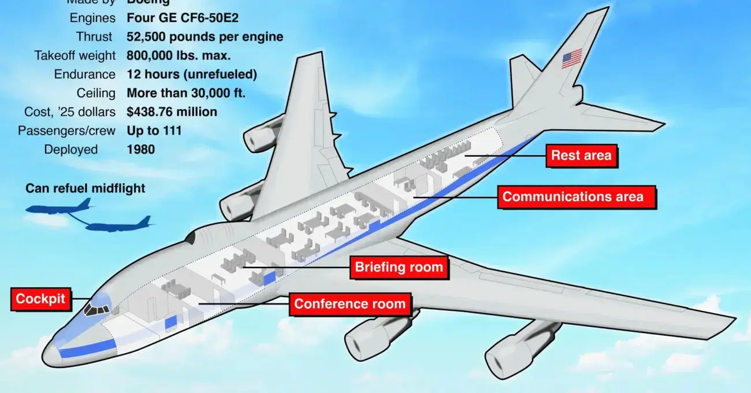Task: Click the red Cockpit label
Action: [x=40, y=299]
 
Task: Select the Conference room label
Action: [x=350, y=303]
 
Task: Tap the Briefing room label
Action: [x=399, y=267]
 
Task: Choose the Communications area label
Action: [x=572, y=196]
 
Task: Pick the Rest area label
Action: [x=581, y=155]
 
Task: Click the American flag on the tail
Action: [x=572, y=58]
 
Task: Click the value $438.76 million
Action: [x=172, y=112]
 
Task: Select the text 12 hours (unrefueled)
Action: [x=192, y=74]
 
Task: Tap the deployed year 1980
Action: [x=141, y=149]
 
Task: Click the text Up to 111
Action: [x=154, y=131]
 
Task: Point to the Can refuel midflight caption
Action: [x=85, y=188]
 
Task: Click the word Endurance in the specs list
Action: [x=85, y=74]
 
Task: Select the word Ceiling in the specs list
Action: [x=96, y=93]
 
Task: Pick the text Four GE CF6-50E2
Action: [x=183, y=18]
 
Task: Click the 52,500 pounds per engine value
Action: [x=205, y=36]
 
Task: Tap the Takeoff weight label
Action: [x=75, y=55]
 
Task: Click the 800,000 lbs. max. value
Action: [x=179, y=55]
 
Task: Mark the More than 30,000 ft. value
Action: [x=187, y=93]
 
